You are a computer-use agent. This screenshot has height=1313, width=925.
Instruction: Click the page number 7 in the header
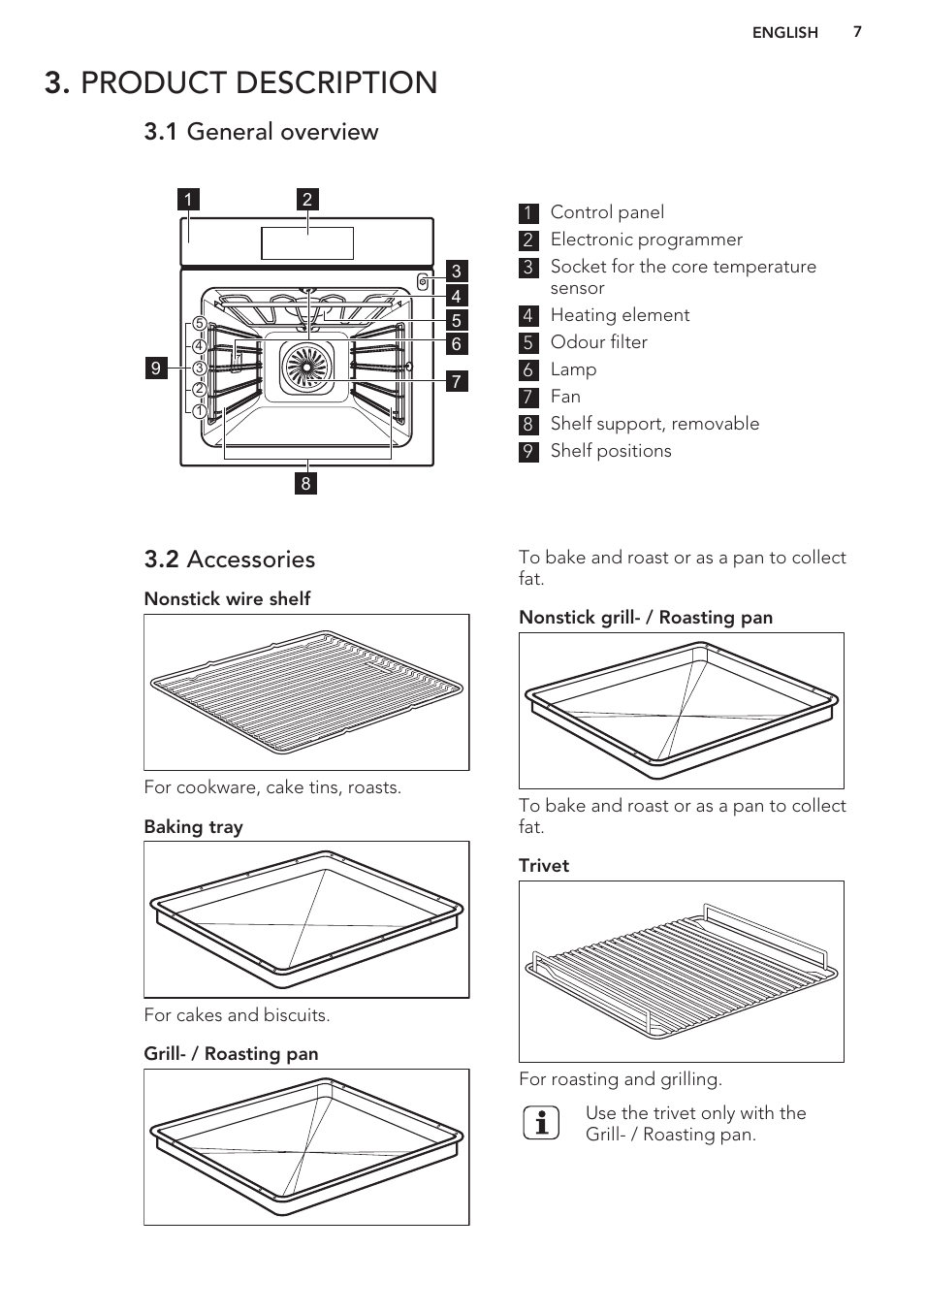(x=857, y=32)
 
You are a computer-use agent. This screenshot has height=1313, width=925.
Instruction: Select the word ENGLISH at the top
(x=784, y=33)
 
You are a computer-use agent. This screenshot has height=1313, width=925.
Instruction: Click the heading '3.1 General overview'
(x=261, y=132)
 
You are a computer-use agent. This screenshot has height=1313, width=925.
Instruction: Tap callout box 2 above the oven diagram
(x=307, y=200)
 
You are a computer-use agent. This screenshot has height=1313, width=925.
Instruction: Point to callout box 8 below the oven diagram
(x=306, y=483)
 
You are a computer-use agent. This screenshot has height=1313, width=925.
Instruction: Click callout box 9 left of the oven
(x=156, y=368)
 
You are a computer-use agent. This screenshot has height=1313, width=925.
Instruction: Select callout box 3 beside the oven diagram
(x=456, y=272)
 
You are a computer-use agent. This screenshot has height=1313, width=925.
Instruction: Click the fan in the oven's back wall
(x=307, y=368)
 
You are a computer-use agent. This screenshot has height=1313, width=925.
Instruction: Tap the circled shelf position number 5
(x=199, y=324)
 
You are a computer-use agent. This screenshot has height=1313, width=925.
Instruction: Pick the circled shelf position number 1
(x=199, y=411)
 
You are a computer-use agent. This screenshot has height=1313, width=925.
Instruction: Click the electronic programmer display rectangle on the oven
(x=307, y=243)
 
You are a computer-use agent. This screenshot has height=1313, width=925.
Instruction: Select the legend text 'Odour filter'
(x=598, y=342)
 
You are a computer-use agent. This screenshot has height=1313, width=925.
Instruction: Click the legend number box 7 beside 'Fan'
(x=528, y=398)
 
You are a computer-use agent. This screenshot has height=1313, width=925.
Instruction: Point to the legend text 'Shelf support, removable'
(x=654, y=424)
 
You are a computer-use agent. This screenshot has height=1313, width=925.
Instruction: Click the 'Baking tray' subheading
(x=193, y=827)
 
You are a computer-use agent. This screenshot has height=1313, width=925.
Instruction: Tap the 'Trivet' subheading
(x=543, y=866)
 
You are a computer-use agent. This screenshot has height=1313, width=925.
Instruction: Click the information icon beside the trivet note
(x=541, y=1123)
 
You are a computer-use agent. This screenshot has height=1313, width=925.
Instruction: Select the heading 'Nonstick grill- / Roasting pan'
(x=646, y=618)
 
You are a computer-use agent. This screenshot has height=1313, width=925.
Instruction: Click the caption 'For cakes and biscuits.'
(x=237, y=1015)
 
